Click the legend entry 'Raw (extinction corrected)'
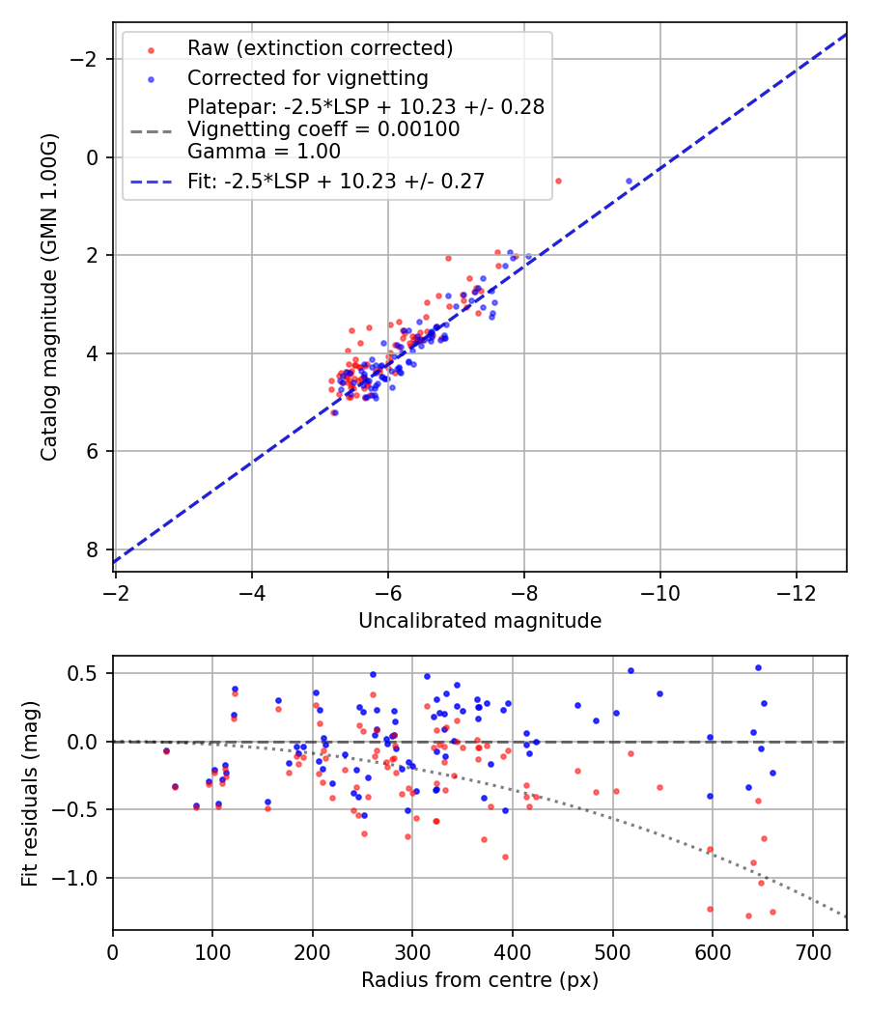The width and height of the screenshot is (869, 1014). coord(320,47)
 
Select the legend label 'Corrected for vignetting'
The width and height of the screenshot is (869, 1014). coord(307,76)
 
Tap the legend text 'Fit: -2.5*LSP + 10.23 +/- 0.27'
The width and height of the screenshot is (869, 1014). coord(336,181)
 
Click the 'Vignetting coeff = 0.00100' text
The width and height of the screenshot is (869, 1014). coord(323,129)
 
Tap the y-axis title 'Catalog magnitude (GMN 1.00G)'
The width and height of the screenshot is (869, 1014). coord(49,297)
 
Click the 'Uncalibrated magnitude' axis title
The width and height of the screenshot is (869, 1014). coord(480,621)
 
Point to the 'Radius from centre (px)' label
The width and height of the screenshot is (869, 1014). coord(480,980)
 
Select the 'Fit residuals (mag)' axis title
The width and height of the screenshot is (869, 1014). coord(30,792)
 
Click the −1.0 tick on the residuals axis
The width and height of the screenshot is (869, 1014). coord(84,878)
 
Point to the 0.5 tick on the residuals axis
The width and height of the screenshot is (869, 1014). coord(90,673)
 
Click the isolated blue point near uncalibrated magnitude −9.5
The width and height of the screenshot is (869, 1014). coord(629,182)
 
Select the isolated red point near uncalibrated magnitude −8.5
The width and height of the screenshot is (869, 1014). coord(557,181)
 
